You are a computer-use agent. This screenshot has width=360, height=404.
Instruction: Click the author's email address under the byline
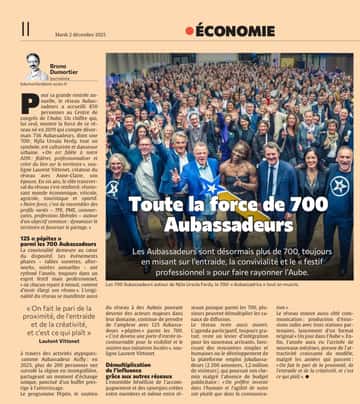click(x=44, y=88)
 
